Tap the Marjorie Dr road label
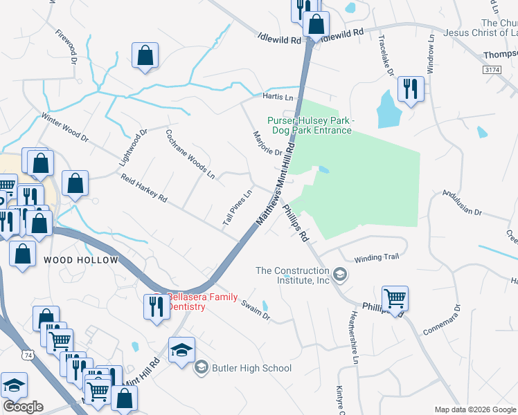268,144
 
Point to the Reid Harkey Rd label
144,188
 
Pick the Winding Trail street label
377,257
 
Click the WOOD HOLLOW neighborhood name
81,260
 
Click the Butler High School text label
252,368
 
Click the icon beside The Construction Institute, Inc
339,275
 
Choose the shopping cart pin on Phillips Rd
395,298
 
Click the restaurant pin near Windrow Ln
410,89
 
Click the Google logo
23,406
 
